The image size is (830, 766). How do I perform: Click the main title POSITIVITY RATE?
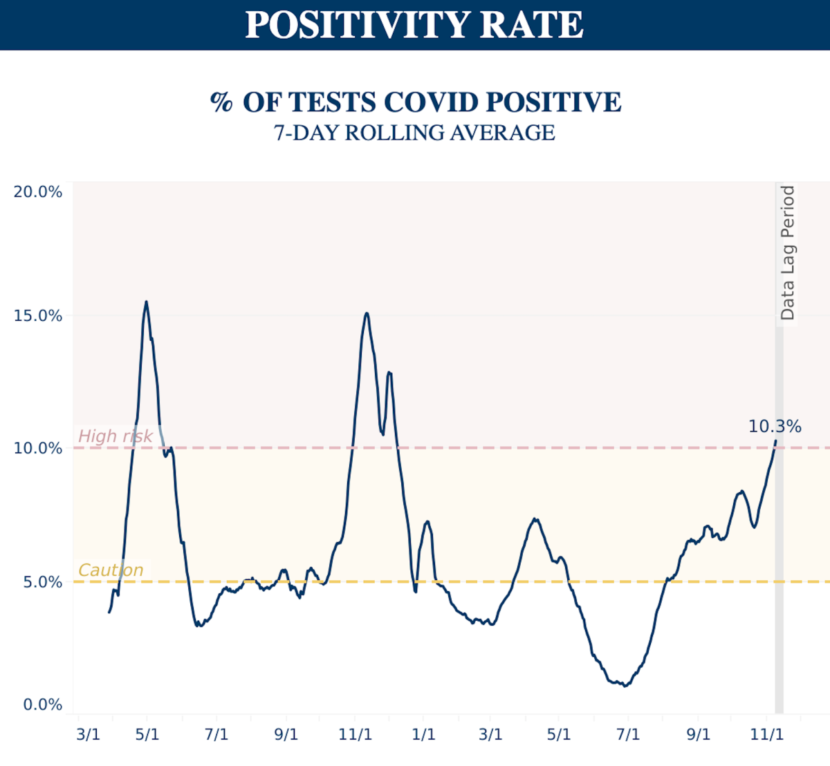coord(414,25)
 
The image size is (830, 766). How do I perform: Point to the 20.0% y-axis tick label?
coord(38,192)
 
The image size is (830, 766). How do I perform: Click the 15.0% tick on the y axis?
coord(38,316)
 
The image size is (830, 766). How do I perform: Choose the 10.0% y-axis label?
coord(38,449)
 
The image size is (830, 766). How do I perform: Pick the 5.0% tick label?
coord(42,582)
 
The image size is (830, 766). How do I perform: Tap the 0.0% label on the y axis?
coord(42,705)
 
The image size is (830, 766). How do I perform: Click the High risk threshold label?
coord(115,436)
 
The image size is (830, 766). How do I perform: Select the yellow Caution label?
coord(111,570)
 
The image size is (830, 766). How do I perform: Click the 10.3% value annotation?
coord(775,427)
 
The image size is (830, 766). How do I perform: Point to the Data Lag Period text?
coord(787,253)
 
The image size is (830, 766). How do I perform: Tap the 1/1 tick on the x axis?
coord(423,734)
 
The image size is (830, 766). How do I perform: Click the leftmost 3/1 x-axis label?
coord(88,734)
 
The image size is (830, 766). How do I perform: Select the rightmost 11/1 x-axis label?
coord(767,734)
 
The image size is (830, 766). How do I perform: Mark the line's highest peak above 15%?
coord(146,301)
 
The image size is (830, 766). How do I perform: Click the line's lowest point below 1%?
coord(625,686)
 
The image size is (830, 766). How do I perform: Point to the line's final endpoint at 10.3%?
coord(775,440)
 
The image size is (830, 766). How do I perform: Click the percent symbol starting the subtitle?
coord(221,102)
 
